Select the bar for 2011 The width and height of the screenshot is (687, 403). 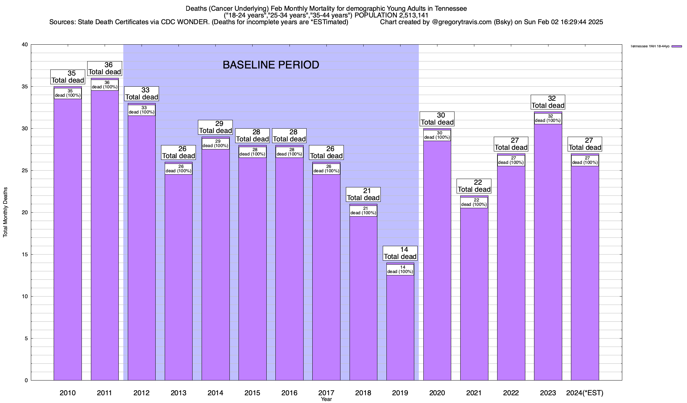[x=105, y=235]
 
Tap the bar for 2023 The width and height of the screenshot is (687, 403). [x=548, y=252]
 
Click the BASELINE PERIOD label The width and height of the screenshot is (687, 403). [x=271, y=65]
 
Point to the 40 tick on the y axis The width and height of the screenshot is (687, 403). [x=25, y=45]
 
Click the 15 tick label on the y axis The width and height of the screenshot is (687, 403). [x=25, y=255]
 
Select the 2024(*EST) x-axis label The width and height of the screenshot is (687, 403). [x=585, y=393]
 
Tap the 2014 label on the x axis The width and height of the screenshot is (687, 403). [x=215, y=393]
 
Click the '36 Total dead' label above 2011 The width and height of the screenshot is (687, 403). [x=105, y=69]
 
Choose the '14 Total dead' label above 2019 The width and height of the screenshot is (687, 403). [x=400, y=253]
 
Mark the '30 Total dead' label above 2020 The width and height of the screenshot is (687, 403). [x=437, y=119]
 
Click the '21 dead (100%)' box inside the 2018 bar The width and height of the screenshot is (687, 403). [x=363, y=211]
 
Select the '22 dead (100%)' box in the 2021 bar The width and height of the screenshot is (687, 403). [x=474, y=203]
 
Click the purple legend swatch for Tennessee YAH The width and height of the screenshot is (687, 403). [x=677, y=46]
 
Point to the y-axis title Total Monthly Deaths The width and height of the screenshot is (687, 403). [x=5, y=212]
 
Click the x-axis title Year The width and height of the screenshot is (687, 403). [x=326, y=399]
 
